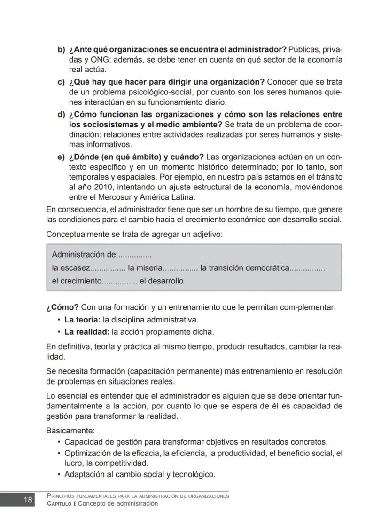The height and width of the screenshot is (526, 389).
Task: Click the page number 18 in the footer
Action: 27,500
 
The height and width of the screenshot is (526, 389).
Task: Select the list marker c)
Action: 61,82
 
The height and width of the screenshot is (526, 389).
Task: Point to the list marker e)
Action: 61,157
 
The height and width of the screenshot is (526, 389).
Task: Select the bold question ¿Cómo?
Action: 62,307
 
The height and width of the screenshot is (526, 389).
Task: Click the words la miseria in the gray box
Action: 145,268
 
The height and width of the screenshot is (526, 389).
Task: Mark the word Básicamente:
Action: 70,431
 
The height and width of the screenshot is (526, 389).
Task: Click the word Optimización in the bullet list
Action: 86,453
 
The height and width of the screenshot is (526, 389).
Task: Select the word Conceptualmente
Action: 77,234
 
